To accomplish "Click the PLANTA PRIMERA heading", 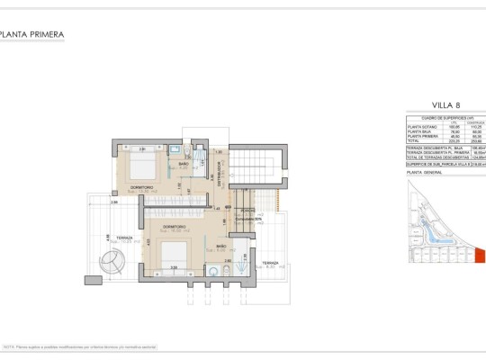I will (33, 36).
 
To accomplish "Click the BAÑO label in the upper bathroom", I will (183, 165).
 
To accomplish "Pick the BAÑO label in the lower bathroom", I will (222, 245).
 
